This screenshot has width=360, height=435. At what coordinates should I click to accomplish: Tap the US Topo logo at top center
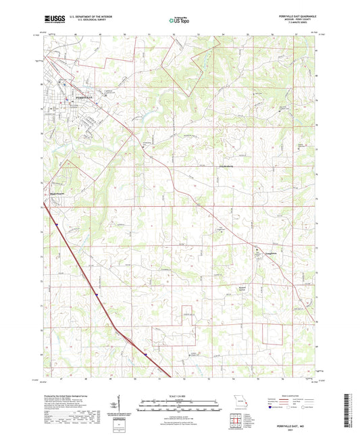point(178,20)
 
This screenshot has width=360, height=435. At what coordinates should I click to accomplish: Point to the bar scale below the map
point(179,406)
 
